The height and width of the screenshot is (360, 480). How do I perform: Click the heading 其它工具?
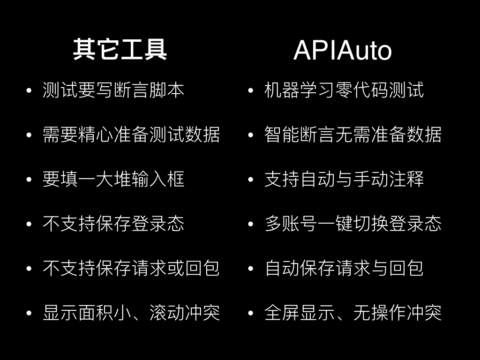[x=120, y=50]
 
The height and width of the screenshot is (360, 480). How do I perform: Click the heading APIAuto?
[x=342, y=51]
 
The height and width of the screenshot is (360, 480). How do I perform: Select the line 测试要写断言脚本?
[x=113, y=90]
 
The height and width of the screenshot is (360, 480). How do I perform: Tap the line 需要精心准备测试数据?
[x=131, y=135]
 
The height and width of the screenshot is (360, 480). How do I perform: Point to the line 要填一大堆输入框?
[x=113, y=180]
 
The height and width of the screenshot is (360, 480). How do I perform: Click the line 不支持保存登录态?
[x=113, y=224]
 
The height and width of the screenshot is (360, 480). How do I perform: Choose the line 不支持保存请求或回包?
[x=131, y=269]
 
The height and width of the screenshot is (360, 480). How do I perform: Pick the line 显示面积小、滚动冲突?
[x=131, y=313]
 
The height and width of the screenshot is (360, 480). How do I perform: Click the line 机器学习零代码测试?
[x=344, y=90]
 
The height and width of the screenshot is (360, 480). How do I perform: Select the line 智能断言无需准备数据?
[x=353, y=135]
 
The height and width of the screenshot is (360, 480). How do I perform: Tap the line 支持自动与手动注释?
[x=344, y=180]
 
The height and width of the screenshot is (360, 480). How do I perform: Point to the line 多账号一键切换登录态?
[x=353, y=224]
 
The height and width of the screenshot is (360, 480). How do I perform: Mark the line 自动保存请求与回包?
[x=344, y=269]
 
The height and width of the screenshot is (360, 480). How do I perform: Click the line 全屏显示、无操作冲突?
[x=353, y=313]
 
